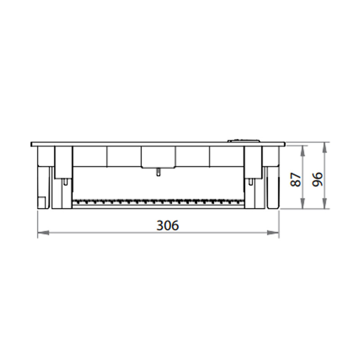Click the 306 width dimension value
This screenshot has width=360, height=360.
click(x=167, y=225)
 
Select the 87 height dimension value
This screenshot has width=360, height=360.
click(x=295, y=180)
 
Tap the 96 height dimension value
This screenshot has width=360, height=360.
click(x=318, y=179)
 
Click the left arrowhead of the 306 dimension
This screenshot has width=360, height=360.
click(x=43, y=233)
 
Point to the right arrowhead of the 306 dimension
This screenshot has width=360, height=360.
click(x=273, y=233)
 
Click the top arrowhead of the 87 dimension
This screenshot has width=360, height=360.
click(x=303, y=151)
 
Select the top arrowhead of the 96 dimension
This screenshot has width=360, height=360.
click(x=324, y=148)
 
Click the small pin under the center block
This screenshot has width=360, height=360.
click(x=158, y=172)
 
